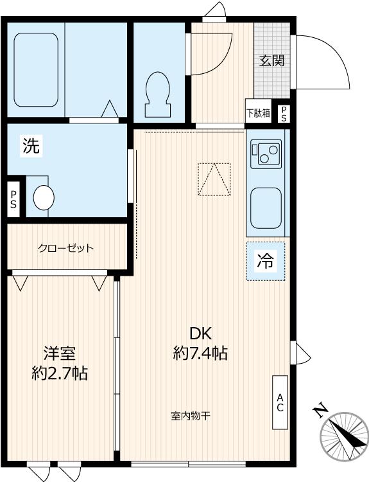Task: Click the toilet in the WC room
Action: [157, 94]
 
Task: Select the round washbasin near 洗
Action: [44, 197]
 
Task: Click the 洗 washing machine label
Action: [31, 147]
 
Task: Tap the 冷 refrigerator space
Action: [264, 262]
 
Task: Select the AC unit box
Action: [280, 402]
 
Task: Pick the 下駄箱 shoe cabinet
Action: [258, 113]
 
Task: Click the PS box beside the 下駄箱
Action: [283, 113]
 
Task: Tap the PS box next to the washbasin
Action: [14, 201]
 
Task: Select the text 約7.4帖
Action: [200, 352]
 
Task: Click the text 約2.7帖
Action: [60, 373]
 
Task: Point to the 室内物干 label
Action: [191, 416]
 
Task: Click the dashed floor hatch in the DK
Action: [214, 179]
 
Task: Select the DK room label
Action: [200, 332]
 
